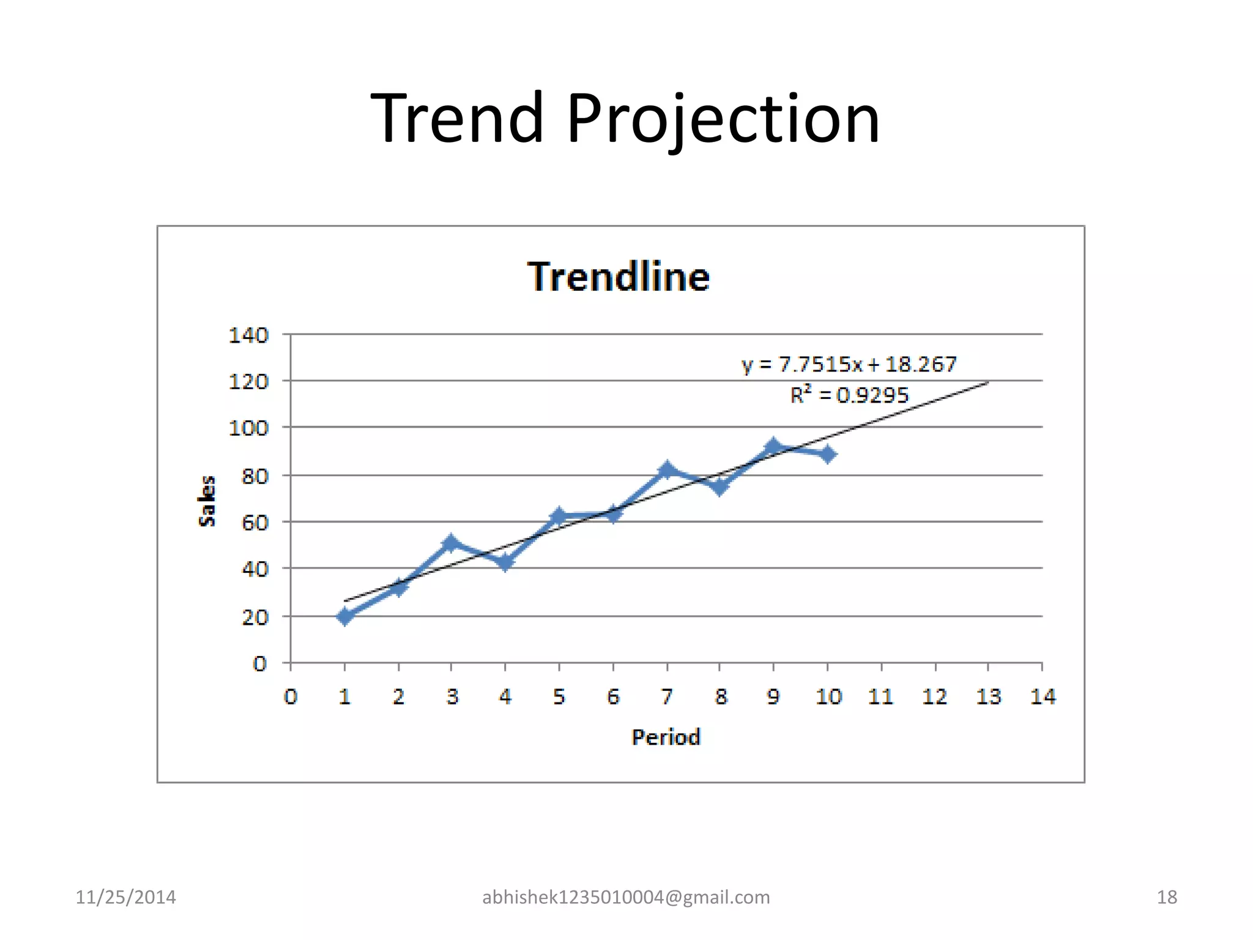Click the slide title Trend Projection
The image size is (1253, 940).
coord(625,117)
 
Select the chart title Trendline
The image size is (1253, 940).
coord(619,277)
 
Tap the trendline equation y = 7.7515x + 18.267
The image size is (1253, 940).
coord(849,365)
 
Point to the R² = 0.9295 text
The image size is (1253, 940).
coord(849,395)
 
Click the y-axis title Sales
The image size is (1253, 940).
coord(207,501)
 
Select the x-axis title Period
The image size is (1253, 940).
coord(666,737)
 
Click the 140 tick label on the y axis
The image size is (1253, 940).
coord(248,335)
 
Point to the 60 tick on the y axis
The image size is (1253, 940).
coord(255,523)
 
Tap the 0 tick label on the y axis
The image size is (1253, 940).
coord(260,663)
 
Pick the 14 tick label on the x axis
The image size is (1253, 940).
coord(1043,696)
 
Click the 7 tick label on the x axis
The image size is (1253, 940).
coord(667,696)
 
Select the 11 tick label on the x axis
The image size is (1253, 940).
coord(880,696)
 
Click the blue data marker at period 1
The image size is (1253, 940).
coord(344,616)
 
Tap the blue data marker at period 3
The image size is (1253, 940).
coord(451,543)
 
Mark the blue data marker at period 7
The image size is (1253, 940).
coord(667,470)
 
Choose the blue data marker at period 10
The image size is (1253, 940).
coord(828,454)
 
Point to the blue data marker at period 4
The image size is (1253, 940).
coord(505,562)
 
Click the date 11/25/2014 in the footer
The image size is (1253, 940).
coord(125,897)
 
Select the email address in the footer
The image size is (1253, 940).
coord(626,897)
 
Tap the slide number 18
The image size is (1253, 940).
coord(1167,897)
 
